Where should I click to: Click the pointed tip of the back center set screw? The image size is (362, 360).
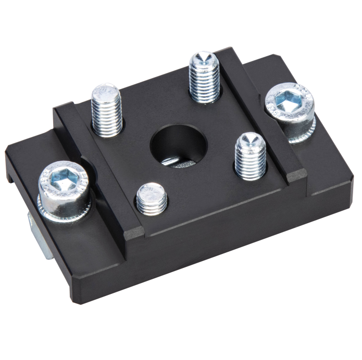pyautogui.click(x=203, y=57)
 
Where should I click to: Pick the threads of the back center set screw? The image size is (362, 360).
pyautogui.click(x=204, y=83)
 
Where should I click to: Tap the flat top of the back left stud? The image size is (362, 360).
pyautogui.click(x=106, y=90)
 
